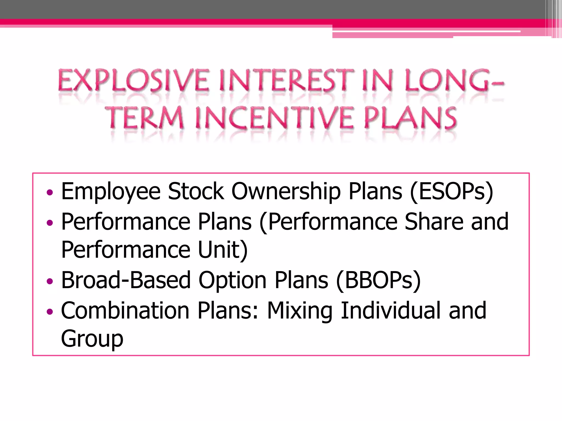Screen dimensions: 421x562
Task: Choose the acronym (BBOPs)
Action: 378,280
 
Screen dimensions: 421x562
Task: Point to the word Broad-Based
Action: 126,280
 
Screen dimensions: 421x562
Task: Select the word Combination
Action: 125,311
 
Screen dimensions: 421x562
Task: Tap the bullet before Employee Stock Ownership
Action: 50,192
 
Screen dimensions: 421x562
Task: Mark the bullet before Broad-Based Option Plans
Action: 50,281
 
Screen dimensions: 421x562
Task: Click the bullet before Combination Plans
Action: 50,312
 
